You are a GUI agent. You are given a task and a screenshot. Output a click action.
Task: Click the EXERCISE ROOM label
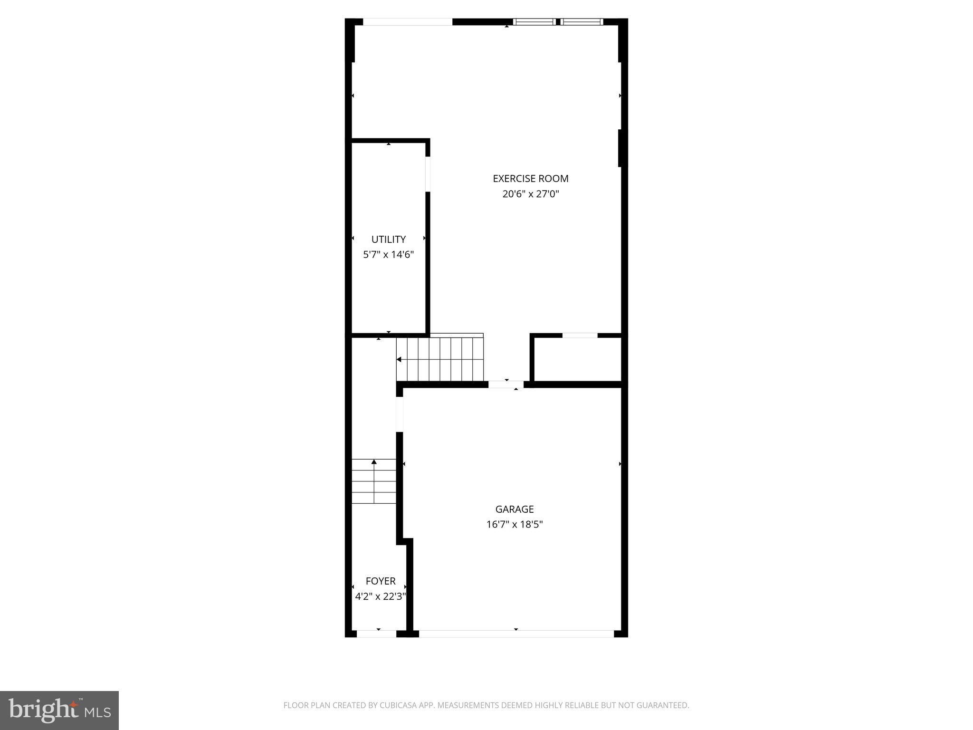(x=530, y=179)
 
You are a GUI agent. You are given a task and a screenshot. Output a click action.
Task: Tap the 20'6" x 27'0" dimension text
(x=530, y=194)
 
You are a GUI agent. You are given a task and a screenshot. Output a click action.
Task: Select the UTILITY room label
(x=388, y=240)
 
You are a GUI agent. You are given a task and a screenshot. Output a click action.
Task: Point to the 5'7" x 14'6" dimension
(x=388, y=255)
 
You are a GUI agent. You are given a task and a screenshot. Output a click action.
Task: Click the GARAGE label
(x=514, y=509)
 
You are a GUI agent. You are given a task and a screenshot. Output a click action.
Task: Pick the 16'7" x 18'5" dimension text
(x=514, y=525)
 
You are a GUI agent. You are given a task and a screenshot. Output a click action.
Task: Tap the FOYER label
(x=380, y=581)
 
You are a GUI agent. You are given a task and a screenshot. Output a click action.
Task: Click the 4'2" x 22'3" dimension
(x=380, y=596)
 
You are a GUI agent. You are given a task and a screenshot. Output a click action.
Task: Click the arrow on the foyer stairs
(x=374, y=462)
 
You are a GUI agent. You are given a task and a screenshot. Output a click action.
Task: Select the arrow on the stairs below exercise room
(x=399, y=359)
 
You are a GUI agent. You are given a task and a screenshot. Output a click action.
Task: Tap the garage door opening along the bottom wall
(x=516, y=634)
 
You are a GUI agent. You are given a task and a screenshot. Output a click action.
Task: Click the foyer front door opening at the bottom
(x=376, y=634)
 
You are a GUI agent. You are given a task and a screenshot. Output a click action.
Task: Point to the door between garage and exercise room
(x=506, y=384)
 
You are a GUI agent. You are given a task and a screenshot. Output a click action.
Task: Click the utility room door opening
(x=428, y=174)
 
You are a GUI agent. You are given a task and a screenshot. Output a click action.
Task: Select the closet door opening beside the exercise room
(x=580, y=336)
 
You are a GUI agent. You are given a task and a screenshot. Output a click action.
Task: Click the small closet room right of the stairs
(x=578, y=359)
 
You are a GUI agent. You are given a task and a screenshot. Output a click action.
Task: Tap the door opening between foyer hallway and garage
(x=400, y=414)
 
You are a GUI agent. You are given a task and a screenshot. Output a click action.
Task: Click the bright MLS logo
(x=59, y=711)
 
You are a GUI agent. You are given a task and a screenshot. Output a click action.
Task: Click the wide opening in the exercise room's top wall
(x=407, y=22)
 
